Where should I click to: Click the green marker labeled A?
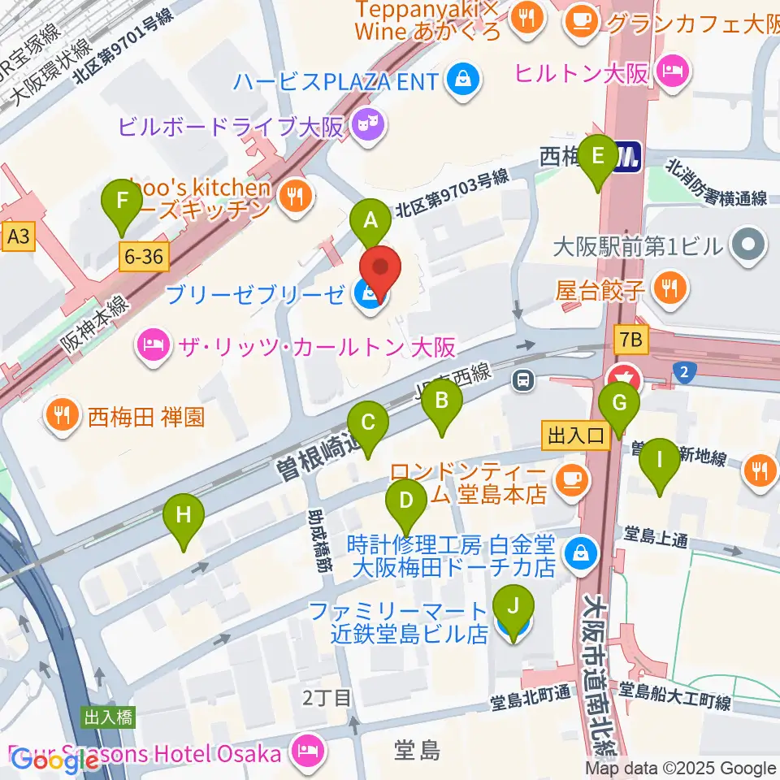[x=370, y=220]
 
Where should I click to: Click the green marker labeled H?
[x=184, y=515]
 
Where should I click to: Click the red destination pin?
[x=381, y=269]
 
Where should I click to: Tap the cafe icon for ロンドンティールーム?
[x=572, y=479]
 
